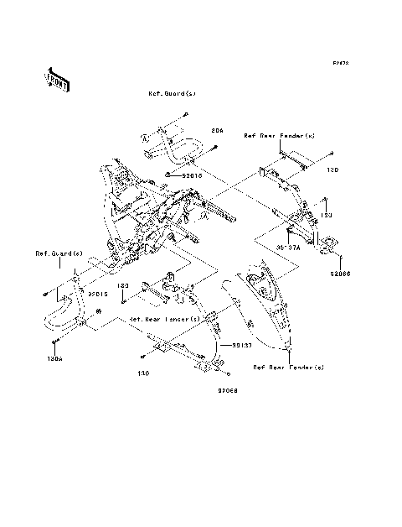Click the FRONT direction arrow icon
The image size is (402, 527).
point(57,78)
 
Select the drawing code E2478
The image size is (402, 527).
point(339,63)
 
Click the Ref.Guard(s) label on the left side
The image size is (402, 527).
point(58,253)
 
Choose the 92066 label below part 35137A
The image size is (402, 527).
point(340,274)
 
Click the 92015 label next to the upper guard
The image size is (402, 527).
point(192,176)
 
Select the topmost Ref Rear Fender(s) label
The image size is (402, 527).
point(279,135)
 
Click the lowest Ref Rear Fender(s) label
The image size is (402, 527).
point(289,368)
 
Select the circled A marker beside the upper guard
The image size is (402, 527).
point(143,137)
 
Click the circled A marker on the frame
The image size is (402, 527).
point(203,216)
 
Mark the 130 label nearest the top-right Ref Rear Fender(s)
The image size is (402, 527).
point(332,170)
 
